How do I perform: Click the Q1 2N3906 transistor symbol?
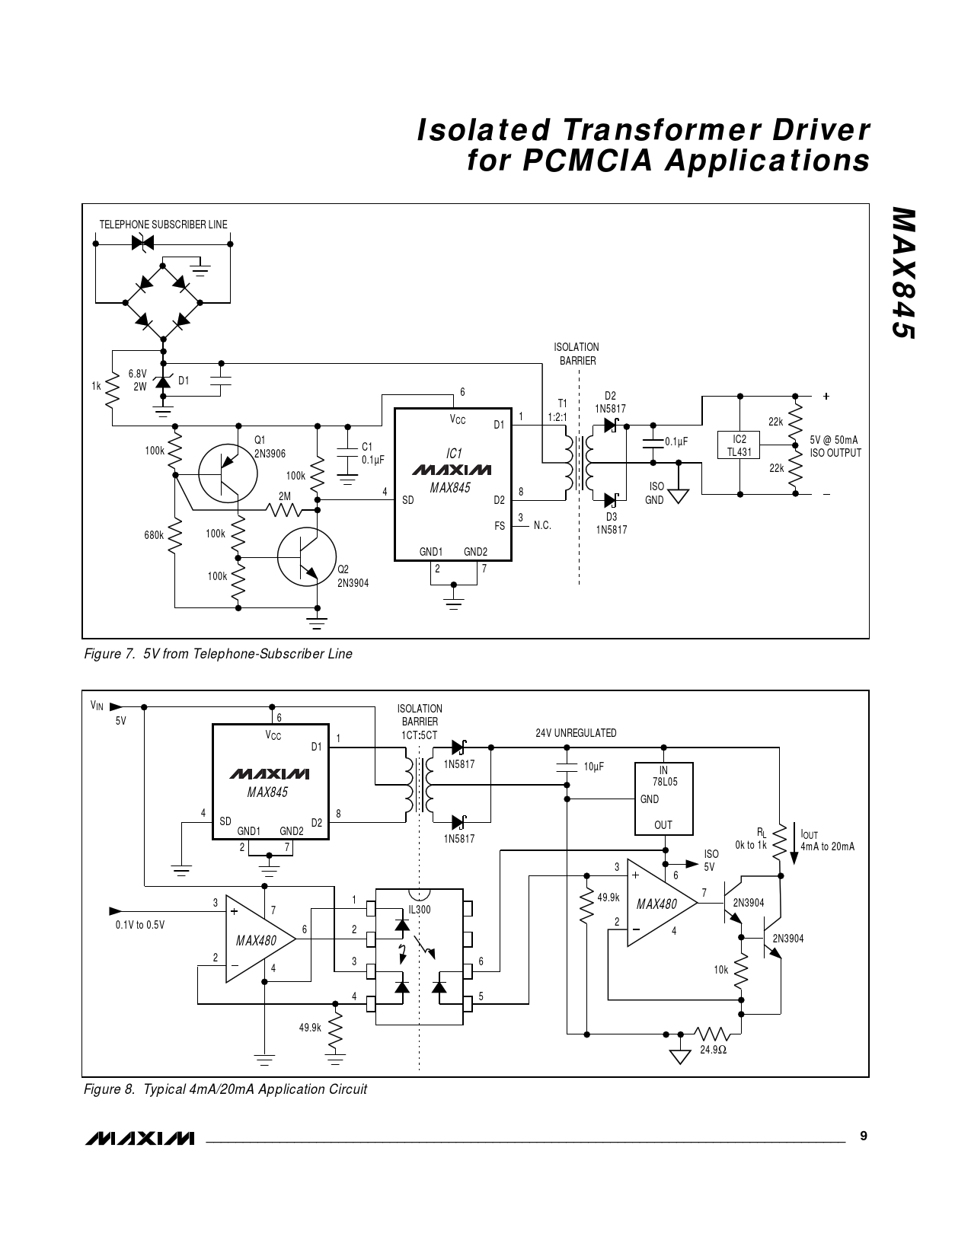coord(222,473)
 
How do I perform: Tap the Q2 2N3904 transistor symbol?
coord(306,557)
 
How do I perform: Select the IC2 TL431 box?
coord(739,445)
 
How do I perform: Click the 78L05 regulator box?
coord(664,799)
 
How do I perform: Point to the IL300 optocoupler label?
coord(419,910)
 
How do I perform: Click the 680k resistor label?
coord(154,535)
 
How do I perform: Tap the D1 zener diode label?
coord(184,381)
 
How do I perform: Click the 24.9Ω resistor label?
coord(713,1050)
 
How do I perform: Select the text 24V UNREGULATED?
coord(576,733)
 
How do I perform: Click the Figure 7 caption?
coord(218,654)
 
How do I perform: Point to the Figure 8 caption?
coord(225,1089)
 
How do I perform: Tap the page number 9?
coord(863,1136)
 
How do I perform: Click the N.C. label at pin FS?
coord(542,526)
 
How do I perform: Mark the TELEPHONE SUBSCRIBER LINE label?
coord(163,225)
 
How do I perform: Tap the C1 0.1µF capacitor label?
coord(372,454)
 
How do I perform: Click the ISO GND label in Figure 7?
coord(655,493)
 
